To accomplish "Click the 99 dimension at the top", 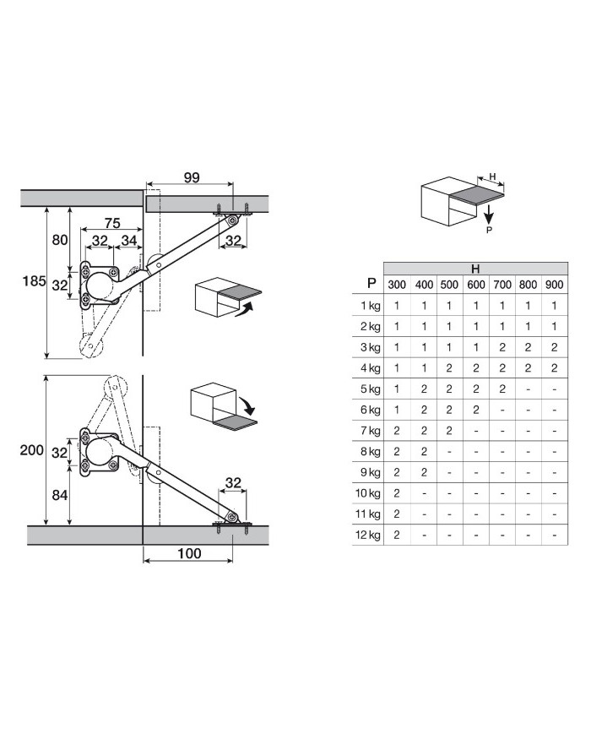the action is (x=192, y=177).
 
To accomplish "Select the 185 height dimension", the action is (x=34, y=281).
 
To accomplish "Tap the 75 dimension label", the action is (x=112, y=223).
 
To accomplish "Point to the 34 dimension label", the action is (x=128, y=240).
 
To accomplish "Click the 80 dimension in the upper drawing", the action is (x=60, y=240).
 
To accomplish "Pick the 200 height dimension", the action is (x=32, y=450).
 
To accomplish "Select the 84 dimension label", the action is (x=60, y=495).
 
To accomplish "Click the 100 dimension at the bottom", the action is (x=189, y=553).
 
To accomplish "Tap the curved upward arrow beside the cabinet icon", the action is (x=245, y=310).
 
